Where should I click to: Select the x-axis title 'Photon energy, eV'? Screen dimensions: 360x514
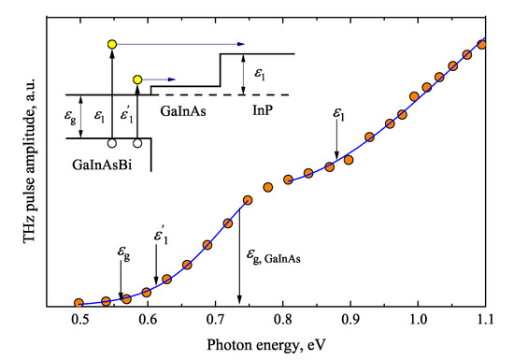(x=281, y=344)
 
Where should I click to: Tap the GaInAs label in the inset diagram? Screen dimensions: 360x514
(x=183, y=109)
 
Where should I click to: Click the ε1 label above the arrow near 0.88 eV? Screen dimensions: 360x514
(x=338, y=115)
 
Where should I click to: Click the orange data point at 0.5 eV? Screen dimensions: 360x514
(x=79, y=303)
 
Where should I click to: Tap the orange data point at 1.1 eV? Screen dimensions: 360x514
(x=483, y=44)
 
